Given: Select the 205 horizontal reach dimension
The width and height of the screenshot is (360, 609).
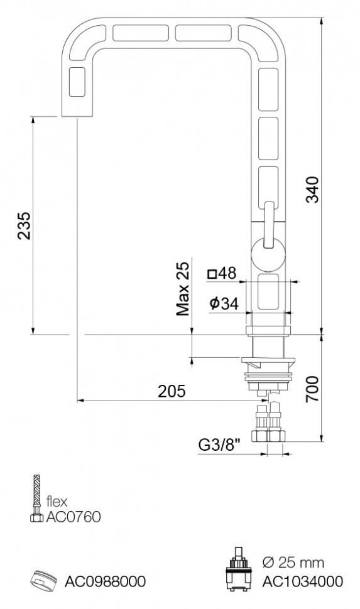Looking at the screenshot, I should coord(172,391).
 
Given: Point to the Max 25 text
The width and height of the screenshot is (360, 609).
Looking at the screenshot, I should coord(183,289).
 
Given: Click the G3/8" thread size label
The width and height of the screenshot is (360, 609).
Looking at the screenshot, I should coord(219,445).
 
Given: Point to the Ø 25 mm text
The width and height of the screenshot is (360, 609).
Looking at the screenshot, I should coord(294,561).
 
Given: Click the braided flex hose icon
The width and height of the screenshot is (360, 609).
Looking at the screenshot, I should coord(35,499).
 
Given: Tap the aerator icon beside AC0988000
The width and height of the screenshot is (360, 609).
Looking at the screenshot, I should coord(43,581).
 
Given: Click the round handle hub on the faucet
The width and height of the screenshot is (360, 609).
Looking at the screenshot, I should coord(269,257).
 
